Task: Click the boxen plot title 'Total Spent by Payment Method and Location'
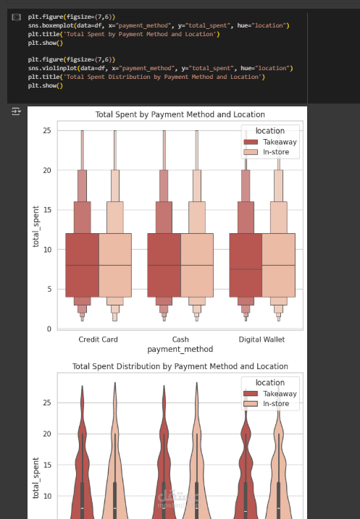click(180, 114)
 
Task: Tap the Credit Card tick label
click(98, 339)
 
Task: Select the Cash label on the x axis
click(180, 339)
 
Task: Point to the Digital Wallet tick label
click(261, 339)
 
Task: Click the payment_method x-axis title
click(180, 349)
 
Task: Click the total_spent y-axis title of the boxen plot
click(35, 227)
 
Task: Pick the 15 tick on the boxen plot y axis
click(47, 210)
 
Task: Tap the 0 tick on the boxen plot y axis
click(49, 329)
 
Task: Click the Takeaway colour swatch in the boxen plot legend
click(251, 142)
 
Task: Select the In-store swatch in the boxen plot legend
click(251, 152)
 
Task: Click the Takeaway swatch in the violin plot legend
click(251, 394)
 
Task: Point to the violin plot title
click(180, 366)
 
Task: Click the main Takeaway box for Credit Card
click(82, 265)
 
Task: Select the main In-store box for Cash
click(197, 265)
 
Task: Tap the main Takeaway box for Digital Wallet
click(246, 265)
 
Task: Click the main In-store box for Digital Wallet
click(279, 265)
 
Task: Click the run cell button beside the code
click(16, 17)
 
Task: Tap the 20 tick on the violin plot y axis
click(47, 434)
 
